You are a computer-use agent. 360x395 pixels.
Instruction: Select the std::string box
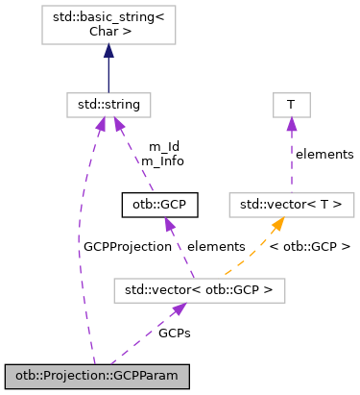108,101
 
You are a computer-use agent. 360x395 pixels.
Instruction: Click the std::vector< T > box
292,204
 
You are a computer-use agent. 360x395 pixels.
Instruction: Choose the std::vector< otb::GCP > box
191,288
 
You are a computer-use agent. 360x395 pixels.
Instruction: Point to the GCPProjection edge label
127,246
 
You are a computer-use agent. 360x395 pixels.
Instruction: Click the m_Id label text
162,146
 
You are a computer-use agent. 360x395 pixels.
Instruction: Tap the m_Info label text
162,160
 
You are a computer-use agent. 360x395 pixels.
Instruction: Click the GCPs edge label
174,332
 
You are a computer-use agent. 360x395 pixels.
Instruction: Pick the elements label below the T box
324,154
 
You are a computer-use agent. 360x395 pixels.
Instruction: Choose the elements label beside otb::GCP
216,246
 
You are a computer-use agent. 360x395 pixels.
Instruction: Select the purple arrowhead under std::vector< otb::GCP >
178,309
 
